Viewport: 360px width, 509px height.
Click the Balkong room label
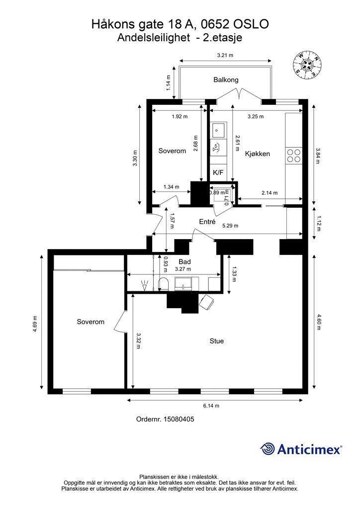tap(226, 80)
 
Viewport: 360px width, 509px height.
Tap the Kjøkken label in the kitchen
tap(258, 154)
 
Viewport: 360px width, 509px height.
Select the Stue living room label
tap(216, 341)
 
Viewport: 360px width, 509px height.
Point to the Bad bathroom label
tap(184, 261)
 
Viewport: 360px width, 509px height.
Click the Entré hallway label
tap(207, 222)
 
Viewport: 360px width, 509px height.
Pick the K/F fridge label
tap(218, 172)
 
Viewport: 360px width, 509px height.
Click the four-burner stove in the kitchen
tap(294, 156)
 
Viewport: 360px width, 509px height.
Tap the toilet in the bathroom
tap(163, 284)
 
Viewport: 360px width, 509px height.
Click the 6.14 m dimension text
tap(211, 406)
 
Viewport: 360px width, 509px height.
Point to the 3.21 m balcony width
tap(225, 55)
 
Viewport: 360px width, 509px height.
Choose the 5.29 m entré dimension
tap(230, 226)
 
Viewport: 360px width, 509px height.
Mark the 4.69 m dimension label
tap(35, 324)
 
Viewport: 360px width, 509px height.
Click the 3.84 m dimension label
tap(318, 156)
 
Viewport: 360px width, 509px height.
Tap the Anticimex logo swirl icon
tap(268, 449)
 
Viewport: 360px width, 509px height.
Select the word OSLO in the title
tap(251, 24)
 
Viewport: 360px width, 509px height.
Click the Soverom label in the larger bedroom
tap(90, 322)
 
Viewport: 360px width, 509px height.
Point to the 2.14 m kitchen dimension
tap(270, 193)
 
